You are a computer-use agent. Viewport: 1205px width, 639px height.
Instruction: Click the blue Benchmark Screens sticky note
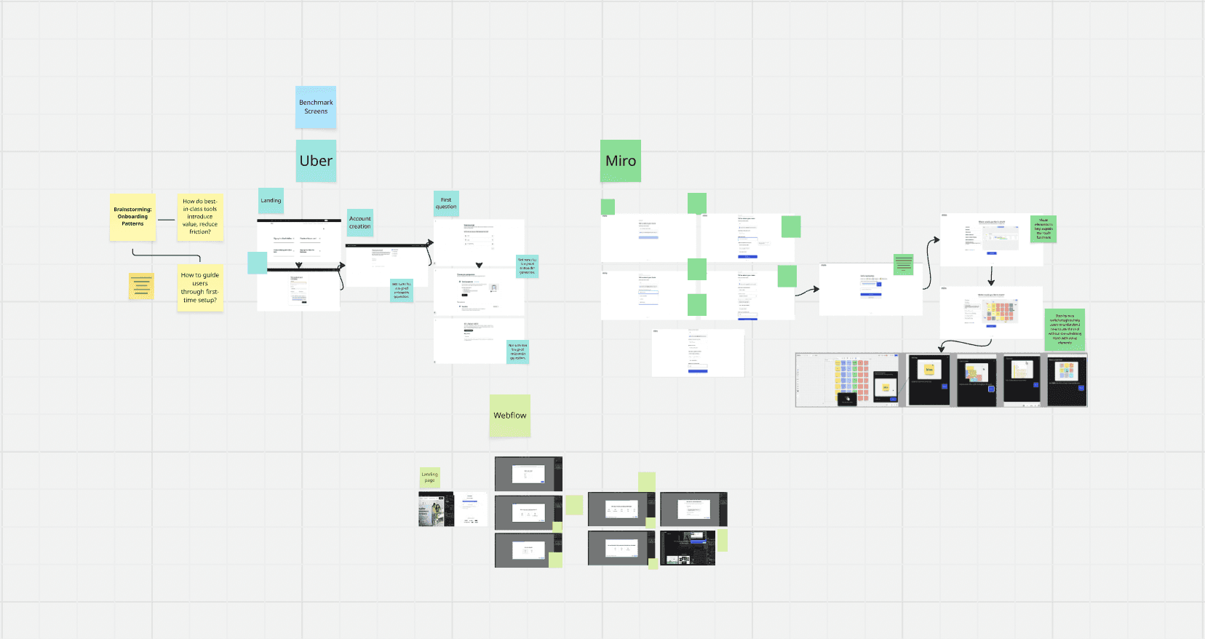316,107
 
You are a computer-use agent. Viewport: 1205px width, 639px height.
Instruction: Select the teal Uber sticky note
316,161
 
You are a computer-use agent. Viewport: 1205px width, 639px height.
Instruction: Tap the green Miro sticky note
621,161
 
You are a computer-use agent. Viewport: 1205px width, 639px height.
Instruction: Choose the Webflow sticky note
509,416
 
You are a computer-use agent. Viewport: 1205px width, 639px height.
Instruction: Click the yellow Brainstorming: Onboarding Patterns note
132,217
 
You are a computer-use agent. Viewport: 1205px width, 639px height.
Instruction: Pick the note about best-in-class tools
200,217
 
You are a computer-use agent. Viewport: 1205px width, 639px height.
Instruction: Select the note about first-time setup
200,287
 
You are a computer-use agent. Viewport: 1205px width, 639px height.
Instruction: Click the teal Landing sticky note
271,201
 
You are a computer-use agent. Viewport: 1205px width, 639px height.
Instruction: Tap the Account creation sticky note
360,223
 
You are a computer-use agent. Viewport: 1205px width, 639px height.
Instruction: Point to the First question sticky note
446,204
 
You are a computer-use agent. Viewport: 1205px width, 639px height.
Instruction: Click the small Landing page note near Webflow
430,477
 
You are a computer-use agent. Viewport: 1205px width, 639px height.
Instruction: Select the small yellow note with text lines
141,286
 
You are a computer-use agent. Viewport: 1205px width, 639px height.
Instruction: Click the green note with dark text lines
903,264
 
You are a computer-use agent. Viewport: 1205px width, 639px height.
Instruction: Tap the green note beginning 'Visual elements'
1043,229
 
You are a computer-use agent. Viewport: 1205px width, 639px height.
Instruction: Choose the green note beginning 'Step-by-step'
1065,329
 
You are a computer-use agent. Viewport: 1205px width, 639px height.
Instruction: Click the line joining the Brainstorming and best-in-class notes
166,220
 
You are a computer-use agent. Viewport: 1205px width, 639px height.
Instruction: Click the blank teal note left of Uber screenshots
257,263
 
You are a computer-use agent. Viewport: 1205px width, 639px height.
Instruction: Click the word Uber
316,161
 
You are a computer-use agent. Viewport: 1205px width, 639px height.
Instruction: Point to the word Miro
621,161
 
